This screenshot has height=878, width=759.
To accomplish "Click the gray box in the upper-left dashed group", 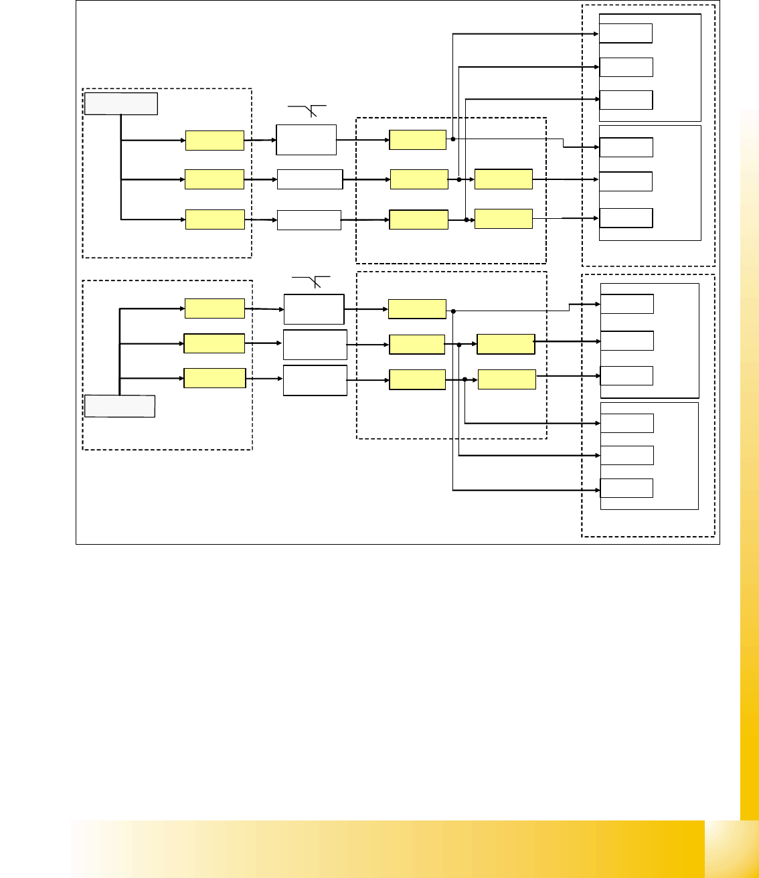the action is pyautogui.click(x=120, y=104).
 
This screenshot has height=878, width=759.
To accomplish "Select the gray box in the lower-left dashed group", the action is pyautogui.click(x=120, y=406).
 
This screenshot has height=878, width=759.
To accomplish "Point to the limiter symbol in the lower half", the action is pyautogui.click(x=313, y=282).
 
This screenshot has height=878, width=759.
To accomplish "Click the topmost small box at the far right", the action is pyautogui.click(x=626, y=33).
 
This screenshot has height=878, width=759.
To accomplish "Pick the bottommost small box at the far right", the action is pyautogui.click(x=626, y=488).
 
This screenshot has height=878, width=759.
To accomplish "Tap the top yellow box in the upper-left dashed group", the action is pyautogui.click(x=214, y=141).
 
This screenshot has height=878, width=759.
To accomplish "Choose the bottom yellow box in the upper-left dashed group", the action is pyautogui.click(x=215, y=219).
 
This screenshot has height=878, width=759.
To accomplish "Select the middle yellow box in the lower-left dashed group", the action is pyautogui.click(x=214, y=343).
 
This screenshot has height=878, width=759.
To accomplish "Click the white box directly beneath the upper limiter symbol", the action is pyautogui.click(x=307, y=140).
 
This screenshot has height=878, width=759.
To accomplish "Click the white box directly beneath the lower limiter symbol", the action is pyautogui.click(x=314, y=309).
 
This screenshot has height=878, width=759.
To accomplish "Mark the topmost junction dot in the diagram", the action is pyautogui.click(x=453, y=139).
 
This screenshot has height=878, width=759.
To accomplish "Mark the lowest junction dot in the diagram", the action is pyautogui.click(x=465, y=379).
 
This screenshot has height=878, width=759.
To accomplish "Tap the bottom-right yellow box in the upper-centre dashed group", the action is pyautogui.click(x=503, y=219).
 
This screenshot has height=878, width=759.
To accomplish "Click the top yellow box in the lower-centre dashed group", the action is pyautogui.click(x=417, y=309).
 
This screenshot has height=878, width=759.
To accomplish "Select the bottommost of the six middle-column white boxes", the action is pyautogui.click(x=315, y=380).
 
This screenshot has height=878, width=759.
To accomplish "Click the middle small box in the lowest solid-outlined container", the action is pyautogui.click(x=626, y=456).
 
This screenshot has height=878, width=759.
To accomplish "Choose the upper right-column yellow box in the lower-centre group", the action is pyautogui.click(x=505, y=344).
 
